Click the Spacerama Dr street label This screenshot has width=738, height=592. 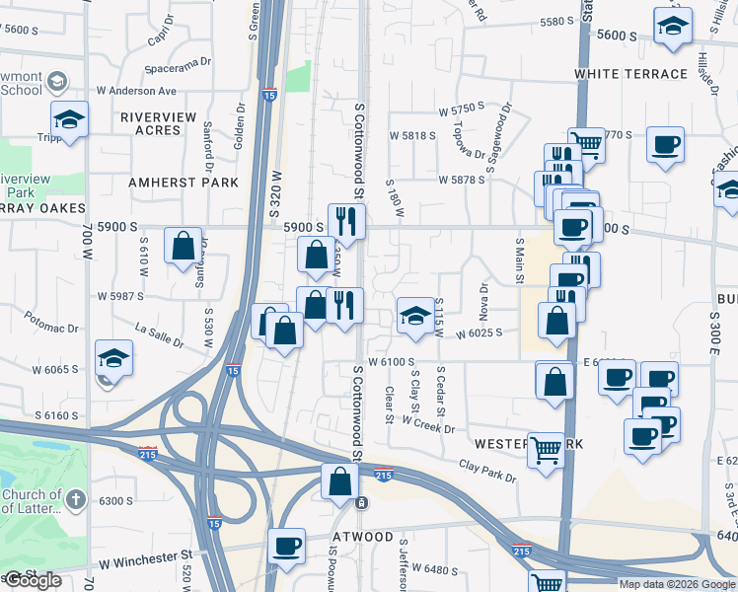click(178, 61)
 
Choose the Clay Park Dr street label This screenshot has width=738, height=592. click(487, 471)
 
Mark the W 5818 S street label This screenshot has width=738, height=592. click(411, 135)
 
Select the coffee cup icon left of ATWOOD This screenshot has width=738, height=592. click(287, 546)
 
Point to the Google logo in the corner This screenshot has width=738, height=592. click(33, 580)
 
